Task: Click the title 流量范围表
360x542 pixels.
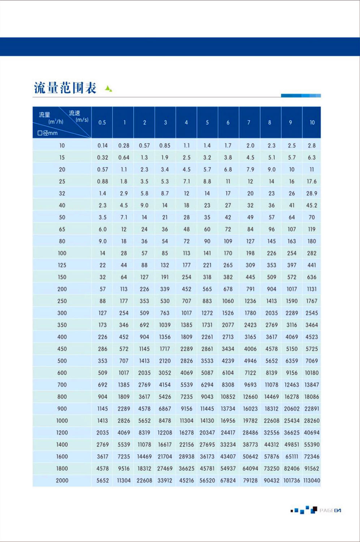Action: coord(65,88)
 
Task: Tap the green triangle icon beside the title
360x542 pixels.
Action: coord(108,88)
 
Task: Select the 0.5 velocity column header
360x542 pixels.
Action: coord(102,122)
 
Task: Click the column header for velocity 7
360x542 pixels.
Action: coord(249,122)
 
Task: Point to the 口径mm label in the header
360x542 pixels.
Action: coord(47,133)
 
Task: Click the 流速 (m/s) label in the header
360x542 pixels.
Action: coord(78,116)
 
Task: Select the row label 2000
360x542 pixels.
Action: coord(62,481)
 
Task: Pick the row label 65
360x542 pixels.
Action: coord(62,229)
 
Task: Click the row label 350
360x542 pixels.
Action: coord(62,325)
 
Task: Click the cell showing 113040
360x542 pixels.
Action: coord(312,481)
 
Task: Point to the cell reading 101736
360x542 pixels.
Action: coord(291,481)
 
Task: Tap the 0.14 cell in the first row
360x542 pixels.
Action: coord(102,146)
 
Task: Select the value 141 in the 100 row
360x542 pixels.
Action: coord(207,253)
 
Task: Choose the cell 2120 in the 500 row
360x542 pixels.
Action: coord(165,361)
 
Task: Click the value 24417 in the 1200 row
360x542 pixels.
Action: coord(228,433)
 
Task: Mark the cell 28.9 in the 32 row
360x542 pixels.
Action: coord(312,193)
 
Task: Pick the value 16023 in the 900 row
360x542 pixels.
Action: coord(250,409)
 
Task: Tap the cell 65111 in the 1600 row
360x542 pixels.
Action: coord(292,457)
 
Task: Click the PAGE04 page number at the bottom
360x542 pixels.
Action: coord(330,510)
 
